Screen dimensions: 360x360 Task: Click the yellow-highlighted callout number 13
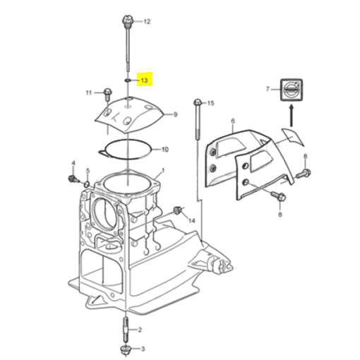(144, 80)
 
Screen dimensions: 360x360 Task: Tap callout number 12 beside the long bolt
(147, 22)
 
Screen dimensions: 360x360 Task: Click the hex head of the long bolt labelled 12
(128, 20)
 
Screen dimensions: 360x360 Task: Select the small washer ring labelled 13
(128, 80)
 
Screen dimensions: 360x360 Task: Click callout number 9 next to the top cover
(175, 114)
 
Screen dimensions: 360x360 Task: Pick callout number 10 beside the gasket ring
(165, 150)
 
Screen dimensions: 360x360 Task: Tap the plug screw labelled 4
(73, 179)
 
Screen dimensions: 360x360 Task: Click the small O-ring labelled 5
(87, 184)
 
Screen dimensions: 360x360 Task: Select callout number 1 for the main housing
(163, 170)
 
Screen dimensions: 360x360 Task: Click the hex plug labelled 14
(178, 210)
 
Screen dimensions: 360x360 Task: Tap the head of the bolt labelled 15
(198, 102)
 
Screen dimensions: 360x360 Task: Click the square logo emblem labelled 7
(292, 90)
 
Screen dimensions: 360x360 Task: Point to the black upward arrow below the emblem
(292, 116)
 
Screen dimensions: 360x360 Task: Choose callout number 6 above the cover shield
(233, 121)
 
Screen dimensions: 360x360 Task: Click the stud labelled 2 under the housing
(126, 330)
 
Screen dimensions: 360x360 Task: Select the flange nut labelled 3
(125, 350)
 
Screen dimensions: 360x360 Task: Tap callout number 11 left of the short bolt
(88, 92)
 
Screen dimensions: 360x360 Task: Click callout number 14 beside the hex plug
(192, 221)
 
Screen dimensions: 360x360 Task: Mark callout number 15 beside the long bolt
(210, 103)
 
